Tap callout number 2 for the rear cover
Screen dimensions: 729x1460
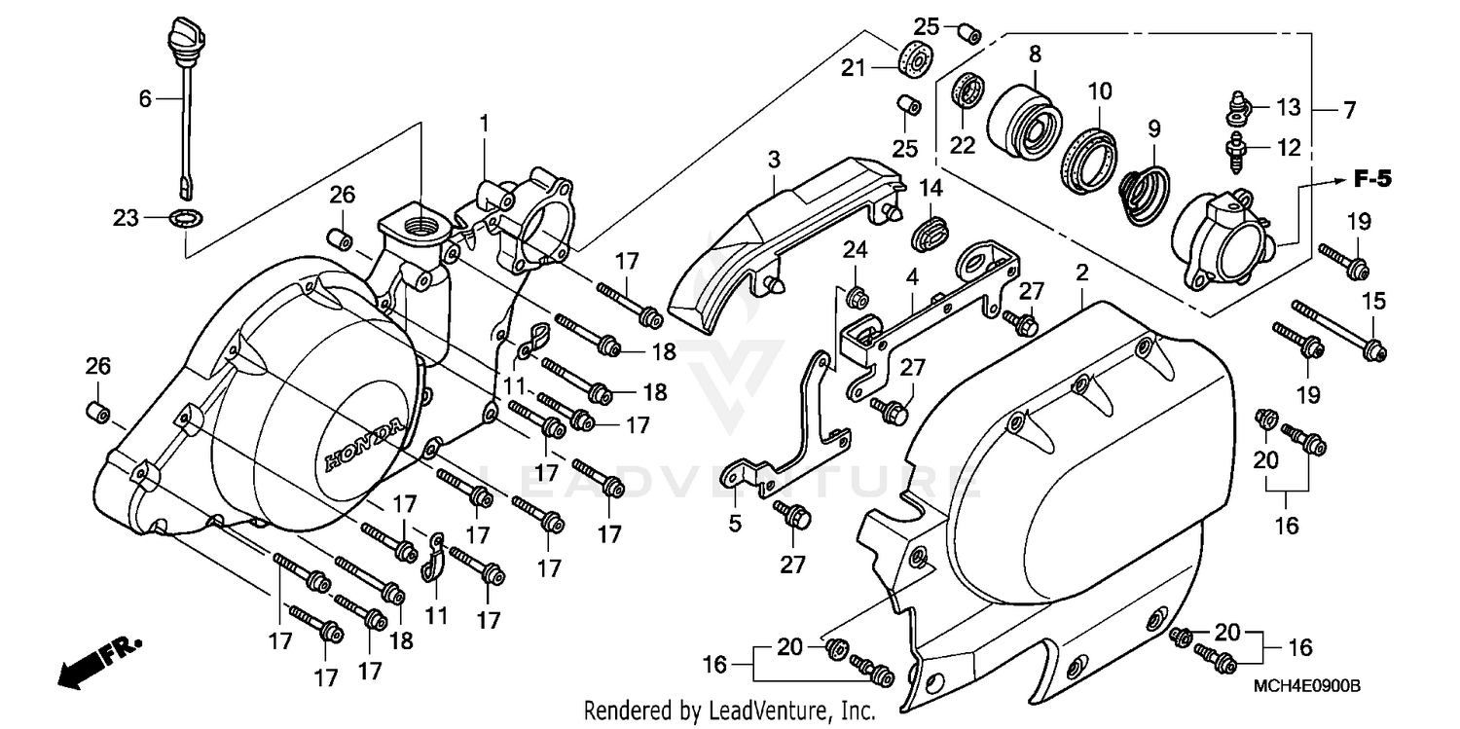pos(1081,275)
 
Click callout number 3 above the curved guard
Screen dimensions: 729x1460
pos(774,159)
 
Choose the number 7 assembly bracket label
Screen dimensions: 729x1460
pos(1348,111)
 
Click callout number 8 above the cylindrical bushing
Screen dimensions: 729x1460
pos(1034,55)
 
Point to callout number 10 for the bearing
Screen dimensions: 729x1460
pos(1099,92)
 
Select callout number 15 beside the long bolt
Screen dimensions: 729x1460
pos(1373,303)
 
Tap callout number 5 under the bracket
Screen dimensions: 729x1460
pos(734,524)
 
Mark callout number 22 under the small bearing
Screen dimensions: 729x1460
pos(963,144)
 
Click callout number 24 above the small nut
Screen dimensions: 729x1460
pos(855,249)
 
